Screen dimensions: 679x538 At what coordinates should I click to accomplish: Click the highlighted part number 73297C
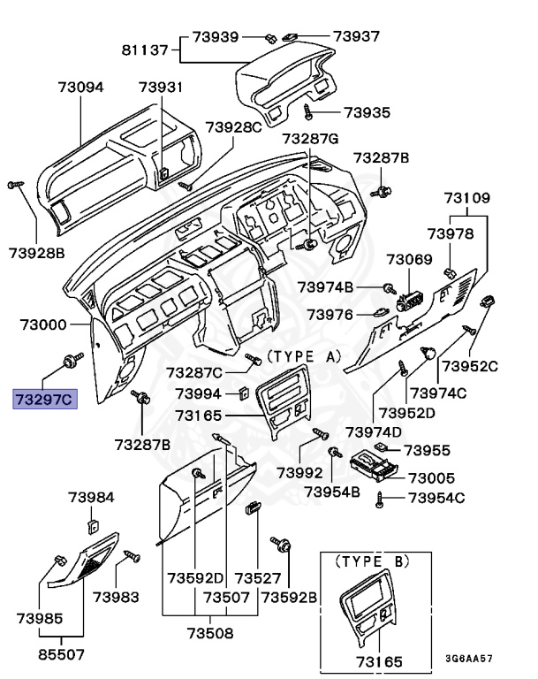45,400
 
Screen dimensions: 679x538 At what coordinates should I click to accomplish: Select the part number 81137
143,50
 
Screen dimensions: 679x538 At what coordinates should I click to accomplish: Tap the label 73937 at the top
356,36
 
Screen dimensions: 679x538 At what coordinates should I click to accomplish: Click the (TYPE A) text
303,355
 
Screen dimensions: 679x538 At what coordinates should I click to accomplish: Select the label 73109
466,198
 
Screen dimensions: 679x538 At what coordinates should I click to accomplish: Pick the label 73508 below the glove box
209,633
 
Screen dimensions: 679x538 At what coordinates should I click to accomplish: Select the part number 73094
80,88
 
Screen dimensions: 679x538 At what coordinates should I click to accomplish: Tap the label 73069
408,259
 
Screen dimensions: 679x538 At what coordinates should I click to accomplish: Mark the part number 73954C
436,499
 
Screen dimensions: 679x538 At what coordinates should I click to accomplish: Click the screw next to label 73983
133,556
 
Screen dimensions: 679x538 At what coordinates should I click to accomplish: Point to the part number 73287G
310,140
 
